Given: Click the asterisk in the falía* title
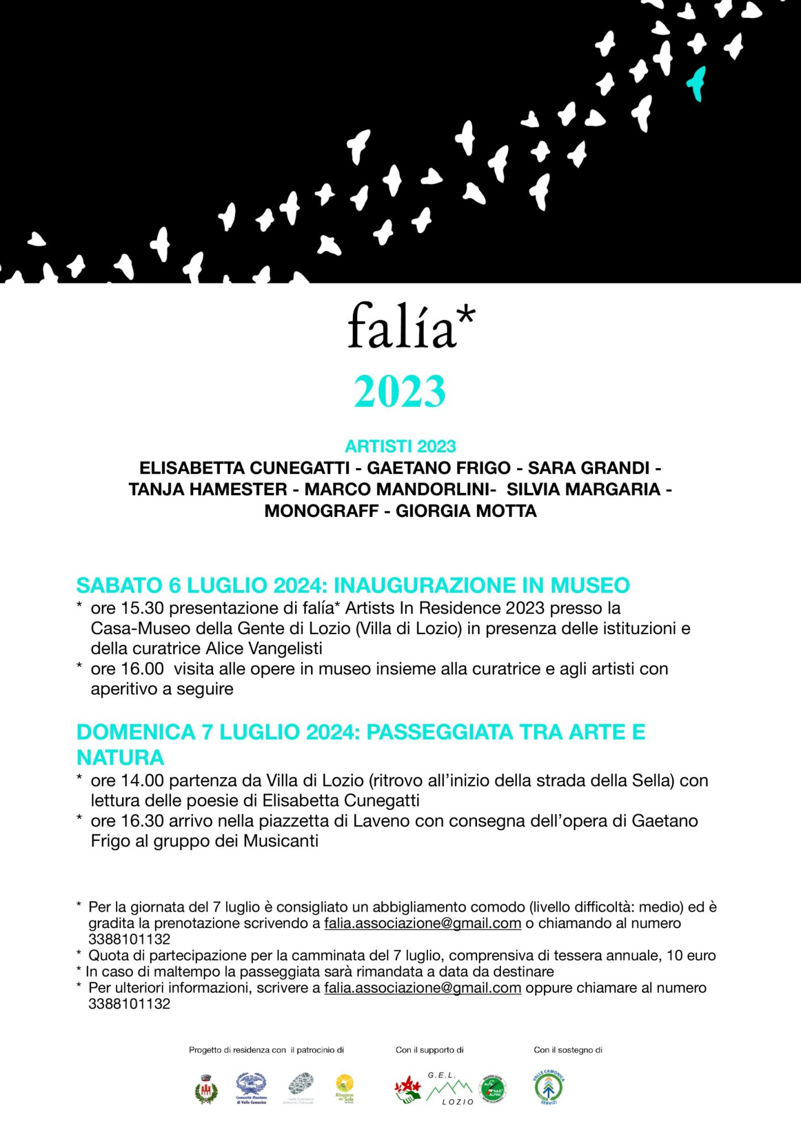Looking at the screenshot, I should coord(466,316).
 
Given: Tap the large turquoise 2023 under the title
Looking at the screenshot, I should coord(400,391).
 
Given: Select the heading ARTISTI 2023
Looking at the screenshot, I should coord(400,446).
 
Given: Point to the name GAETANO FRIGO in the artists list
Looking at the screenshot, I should coord(438,468).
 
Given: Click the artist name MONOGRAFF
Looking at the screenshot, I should coord(321,511).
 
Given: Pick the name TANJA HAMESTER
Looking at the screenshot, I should coord(208,489).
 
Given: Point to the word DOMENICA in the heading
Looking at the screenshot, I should coord(136,732).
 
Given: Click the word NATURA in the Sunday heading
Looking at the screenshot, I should coord(120,757).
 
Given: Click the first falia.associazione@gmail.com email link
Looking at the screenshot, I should coord(422,924).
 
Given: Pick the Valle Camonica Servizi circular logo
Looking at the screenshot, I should coord(548,1087).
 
